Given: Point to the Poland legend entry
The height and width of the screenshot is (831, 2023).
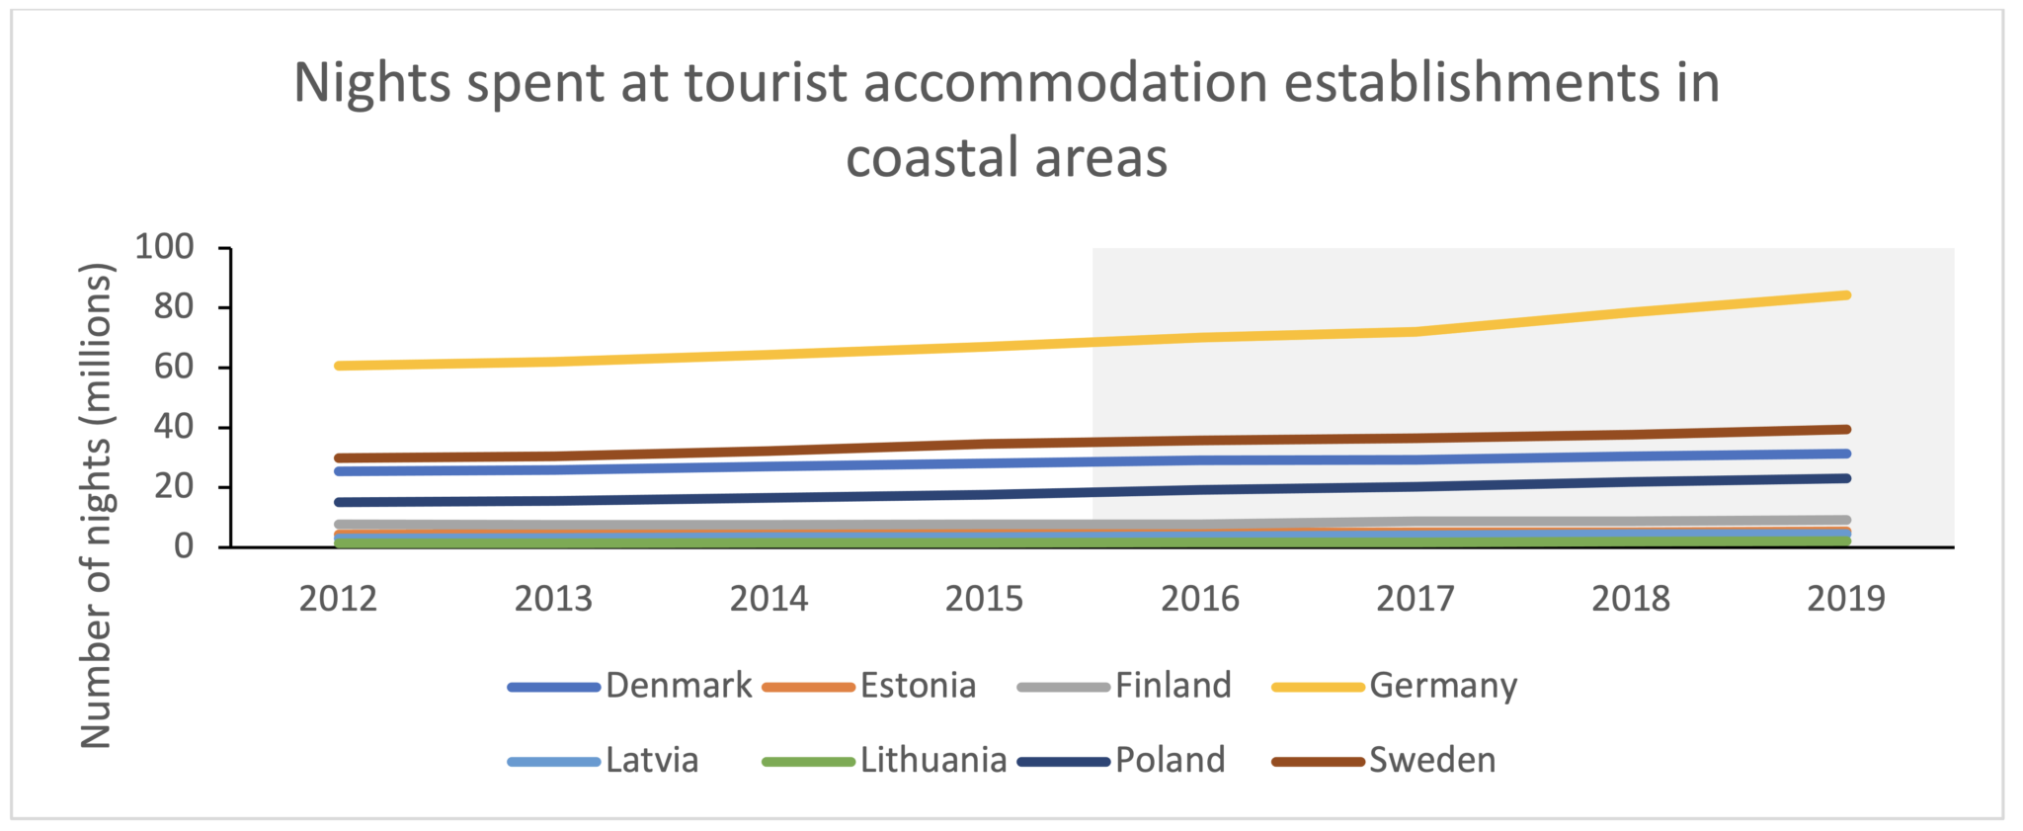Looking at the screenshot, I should (x=1170, y=760).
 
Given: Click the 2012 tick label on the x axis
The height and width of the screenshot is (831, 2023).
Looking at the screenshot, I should (x=338, y=599).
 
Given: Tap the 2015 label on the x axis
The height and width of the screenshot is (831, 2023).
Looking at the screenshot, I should (x=984, y=599).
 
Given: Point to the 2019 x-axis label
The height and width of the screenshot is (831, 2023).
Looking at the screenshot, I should (x=1845, y=599).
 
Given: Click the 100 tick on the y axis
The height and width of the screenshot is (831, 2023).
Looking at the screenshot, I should (x=164, y=247).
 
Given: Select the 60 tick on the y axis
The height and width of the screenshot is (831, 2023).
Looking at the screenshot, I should (x=174, y=368).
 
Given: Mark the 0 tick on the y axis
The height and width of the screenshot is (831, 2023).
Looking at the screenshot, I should (x=184, y=546).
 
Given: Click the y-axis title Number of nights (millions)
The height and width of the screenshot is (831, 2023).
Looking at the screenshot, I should (x=96, y=505).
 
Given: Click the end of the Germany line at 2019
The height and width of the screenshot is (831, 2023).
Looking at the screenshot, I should (x=1845, y=294).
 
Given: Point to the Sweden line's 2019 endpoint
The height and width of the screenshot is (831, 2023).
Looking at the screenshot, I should (x=1845, y=429).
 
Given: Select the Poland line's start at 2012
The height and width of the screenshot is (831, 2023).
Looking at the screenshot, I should (x=340, y=502).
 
